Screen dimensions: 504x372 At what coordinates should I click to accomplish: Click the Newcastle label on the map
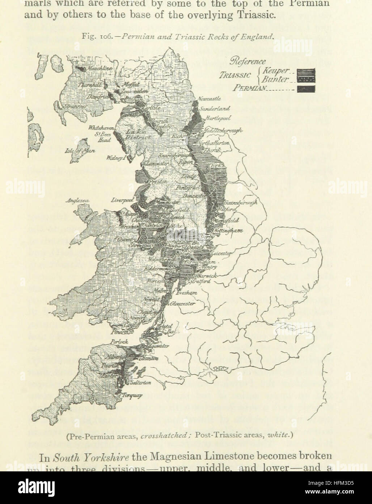tap(209, 99)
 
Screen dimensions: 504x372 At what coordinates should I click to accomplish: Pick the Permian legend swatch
tap(306, 88)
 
